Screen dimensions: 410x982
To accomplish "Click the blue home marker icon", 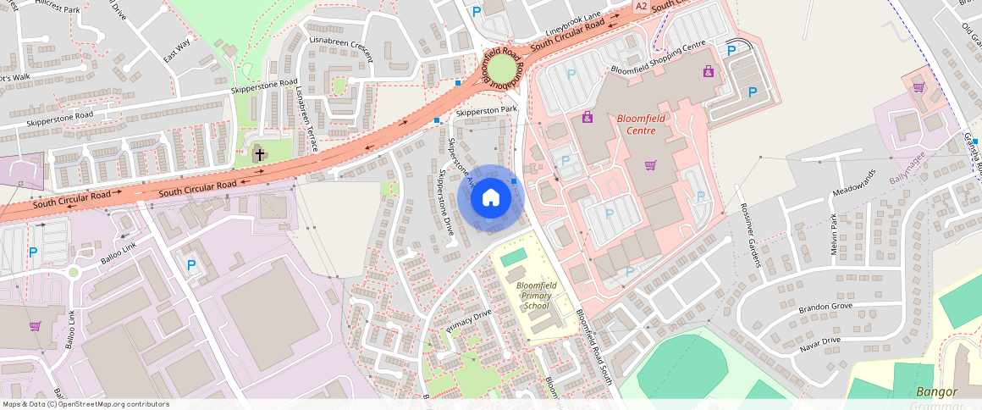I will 491,198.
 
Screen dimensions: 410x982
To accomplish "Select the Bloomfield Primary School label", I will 537,296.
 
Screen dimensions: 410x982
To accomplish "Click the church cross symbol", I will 259,154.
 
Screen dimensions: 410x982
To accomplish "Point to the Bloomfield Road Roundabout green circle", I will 503,65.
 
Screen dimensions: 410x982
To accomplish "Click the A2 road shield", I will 641,6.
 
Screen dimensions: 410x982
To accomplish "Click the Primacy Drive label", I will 469,321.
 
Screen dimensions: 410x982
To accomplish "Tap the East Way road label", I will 177,50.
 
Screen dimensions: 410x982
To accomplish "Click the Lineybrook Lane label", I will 573,24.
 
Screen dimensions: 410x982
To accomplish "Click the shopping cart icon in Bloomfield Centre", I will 650,165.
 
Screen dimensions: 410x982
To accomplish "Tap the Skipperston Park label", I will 486,110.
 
